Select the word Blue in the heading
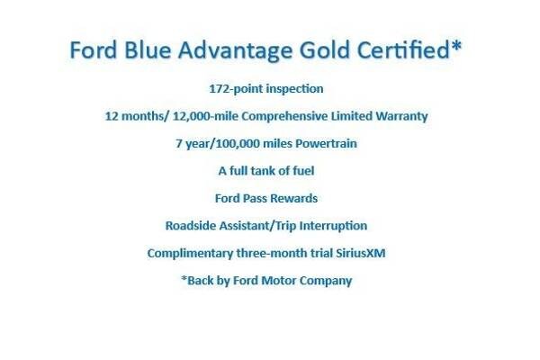[148, 50]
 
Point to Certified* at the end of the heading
[409, 49]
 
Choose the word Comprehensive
[284, 116]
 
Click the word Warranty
[401, 116]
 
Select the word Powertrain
[326, 143]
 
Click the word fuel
[303, 170]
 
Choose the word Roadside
[191, 226]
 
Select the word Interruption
[333, 226]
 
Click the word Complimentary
[190, 254]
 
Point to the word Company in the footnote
[326, 281]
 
